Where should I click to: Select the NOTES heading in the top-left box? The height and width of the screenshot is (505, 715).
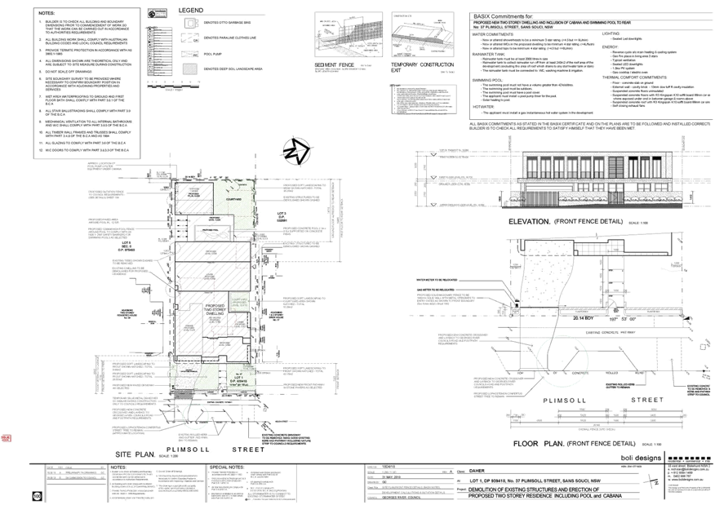click(x=47, y=12)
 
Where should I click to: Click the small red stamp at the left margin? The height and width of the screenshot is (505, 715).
click(x=7, y=438)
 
